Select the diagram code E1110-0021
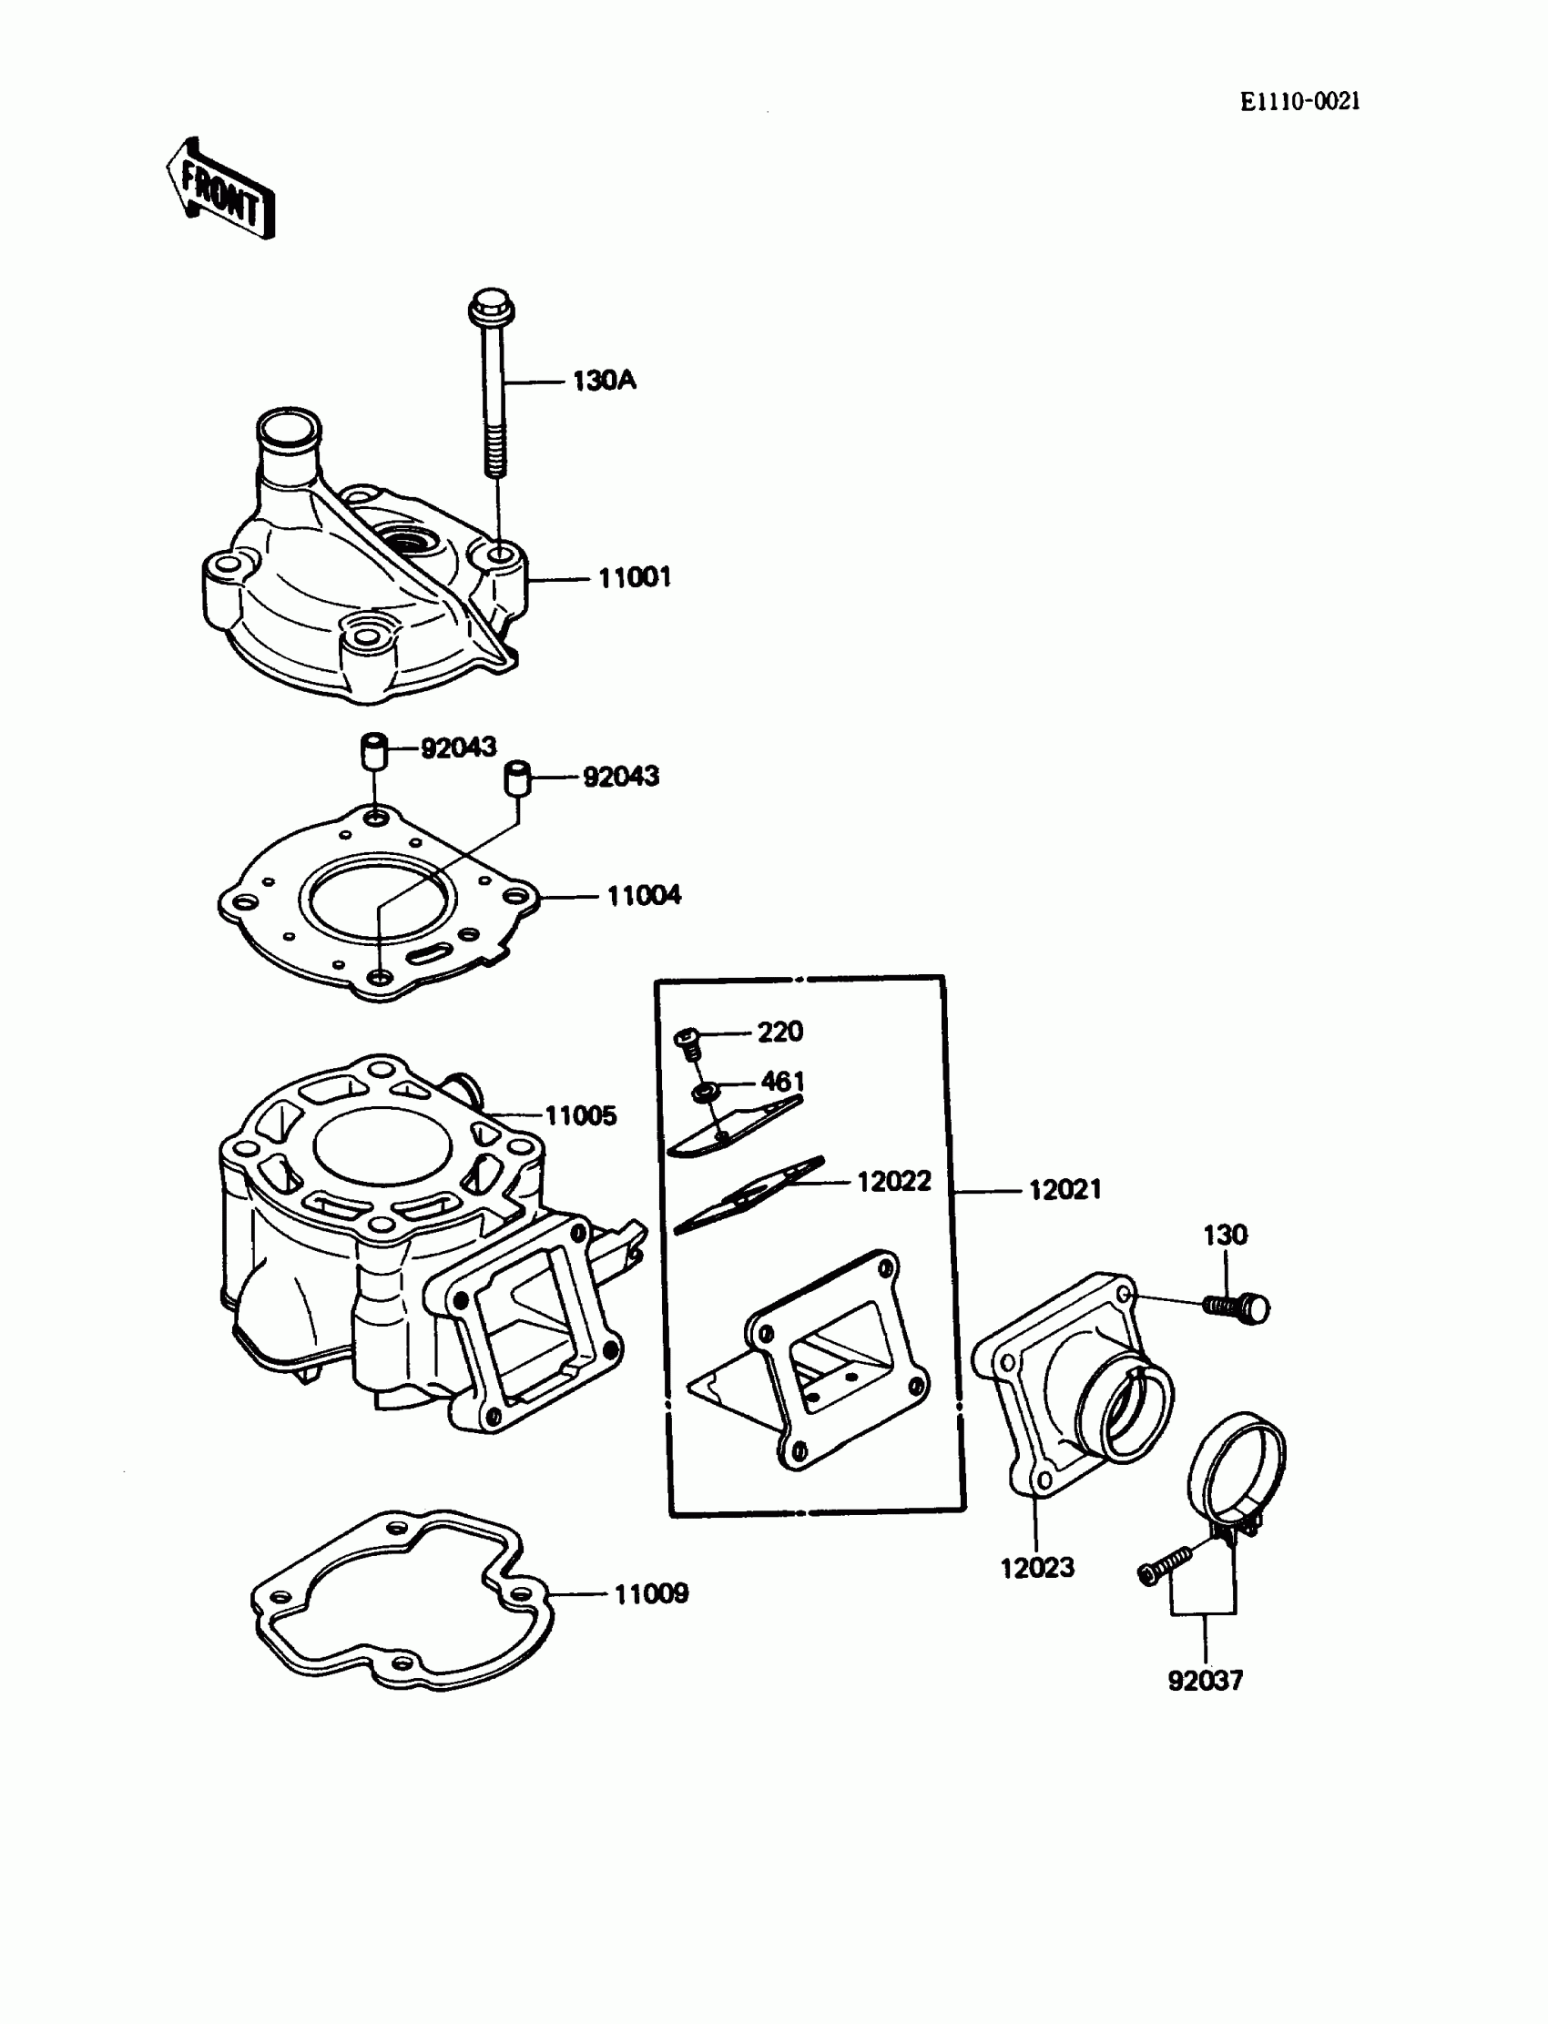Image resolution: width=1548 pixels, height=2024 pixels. (x=1299, y=102)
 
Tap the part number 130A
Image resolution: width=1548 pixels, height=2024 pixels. (x=604, y=381)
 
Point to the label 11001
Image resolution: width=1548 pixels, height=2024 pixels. (x=634, y=578)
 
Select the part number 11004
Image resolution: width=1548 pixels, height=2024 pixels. (x=643, y=896)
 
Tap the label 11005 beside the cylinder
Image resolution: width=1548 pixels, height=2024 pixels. (x=581, y=1115)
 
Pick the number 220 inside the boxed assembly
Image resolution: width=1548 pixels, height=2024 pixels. (x=779, y=1032)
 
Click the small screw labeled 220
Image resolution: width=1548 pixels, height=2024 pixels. (x=687, y=1043)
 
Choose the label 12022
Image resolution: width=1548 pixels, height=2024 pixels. (x=894, y=1181)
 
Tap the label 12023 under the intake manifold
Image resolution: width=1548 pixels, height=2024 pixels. (x=1036, y=1567)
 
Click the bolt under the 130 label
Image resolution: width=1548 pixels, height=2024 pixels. (x=1237, y=1307)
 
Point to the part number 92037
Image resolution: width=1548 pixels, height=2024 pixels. (x=1206, y=1681)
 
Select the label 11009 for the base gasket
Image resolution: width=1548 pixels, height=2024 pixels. (x=650, y=1593)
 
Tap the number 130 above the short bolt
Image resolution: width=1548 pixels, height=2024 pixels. (x=1225, y=1235)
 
